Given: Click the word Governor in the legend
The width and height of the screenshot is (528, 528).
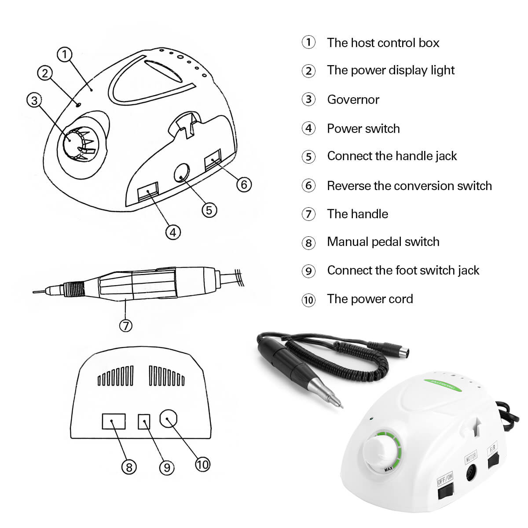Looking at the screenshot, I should pos(353,99).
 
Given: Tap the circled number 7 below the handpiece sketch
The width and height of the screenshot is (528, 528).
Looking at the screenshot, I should pos(125,325).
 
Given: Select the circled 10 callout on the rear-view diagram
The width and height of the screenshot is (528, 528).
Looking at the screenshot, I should pos(202,464).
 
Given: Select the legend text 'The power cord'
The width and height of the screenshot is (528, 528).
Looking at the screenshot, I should pos(370,299).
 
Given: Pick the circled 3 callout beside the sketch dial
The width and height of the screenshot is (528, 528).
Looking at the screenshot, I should pos(34,100).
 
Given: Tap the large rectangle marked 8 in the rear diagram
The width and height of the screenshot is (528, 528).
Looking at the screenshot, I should pos(114,421).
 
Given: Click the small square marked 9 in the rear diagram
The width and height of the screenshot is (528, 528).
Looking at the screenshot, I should pos(144,422).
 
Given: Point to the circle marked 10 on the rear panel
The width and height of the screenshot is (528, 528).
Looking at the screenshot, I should pos(169,419).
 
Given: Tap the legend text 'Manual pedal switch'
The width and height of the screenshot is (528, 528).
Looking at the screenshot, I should pos(383,242).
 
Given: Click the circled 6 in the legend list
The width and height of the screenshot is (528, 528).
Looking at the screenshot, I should pos(308,186).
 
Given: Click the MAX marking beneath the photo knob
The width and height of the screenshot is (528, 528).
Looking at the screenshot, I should pos(388,469).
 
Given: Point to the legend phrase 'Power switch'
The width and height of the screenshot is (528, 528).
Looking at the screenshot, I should pos(363,128).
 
